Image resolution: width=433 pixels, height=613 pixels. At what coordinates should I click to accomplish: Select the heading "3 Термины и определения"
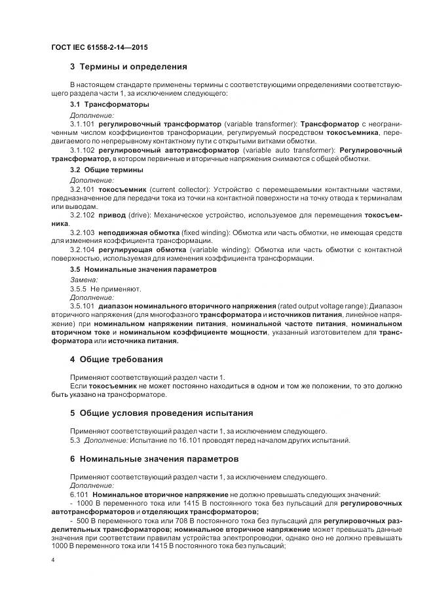[x=128, y=66]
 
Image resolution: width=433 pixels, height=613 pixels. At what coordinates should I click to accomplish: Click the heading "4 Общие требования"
[x=117, y=360]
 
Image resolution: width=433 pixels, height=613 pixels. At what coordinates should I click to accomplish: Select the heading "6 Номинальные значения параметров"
[x=154, y=458]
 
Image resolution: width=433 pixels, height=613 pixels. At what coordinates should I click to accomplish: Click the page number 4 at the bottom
[x=52, y=561]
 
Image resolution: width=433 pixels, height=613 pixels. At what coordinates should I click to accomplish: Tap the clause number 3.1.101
[x=83, y=123]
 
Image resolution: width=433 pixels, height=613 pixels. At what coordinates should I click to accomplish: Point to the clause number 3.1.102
[x=83, y=150]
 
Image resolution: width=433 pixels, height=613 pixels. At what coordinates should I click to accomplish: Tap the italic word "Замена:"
[x=83, y=279]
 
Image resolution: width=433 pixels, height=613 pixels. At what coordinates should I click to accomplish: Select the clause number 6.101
[x=79, y=494]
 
